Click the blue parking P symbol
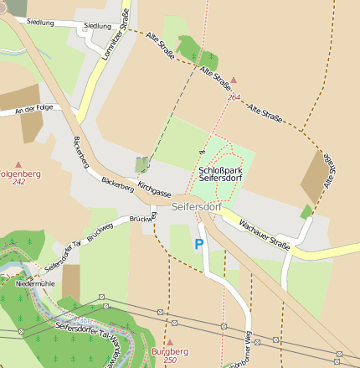pos(198,245)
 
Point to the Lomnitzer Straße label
pos(116,28)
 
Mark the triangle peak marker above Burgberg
pos(169,342)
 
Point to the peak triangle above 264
pos(234,80)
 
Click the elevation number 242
pos(19,181)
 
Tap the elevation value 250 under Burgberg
pos(170,360)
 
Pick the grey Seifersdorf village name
pos(194,205)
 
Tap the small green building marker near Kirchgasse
pos(142,164)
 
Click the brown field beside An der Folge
pos(31,126)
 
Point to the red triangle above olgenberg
pos(18,165)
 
